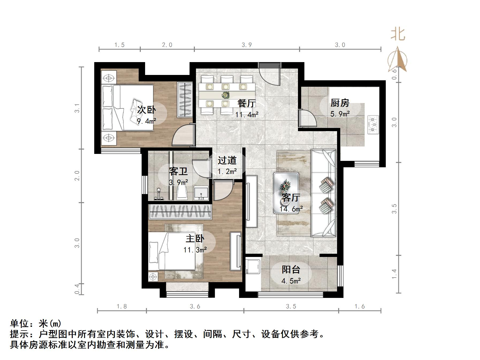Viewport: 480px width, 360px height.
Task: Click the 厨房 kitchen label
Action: pos(340,103)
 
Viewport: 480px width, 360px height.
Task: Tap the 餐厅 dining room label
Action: pos(247,103)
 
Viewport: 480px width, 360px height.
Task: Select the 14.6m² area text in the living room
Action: pos(291,209)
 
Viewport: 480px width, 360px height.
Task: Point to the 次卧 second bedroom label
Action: pos(146,110)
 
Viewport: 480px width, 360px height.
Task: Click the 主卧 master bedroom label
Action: pos(195,238)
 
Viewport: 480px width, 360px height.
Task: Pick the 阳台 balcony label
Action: pos(291,270)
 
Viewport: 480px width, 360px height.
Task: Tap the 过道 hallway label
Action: pos(227,160)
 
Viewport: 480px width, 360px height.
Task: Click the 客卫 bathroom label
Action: pos(178,171)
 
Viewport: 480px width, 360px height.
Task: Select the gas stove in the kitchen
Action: pos(373,124)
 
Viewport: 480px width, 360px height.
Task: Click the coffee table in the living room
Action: pos(286,193)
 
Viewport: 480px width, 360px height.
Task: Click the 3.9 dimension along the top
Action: pos(247,45)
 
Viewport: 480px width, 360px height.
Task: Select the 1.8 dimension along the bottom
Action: pos(122,306)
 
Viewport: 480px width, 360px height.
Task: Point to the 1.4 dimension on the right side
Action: pos(394,274)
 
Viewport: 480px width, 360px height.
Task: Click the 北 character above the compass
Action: pos(398,34)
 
